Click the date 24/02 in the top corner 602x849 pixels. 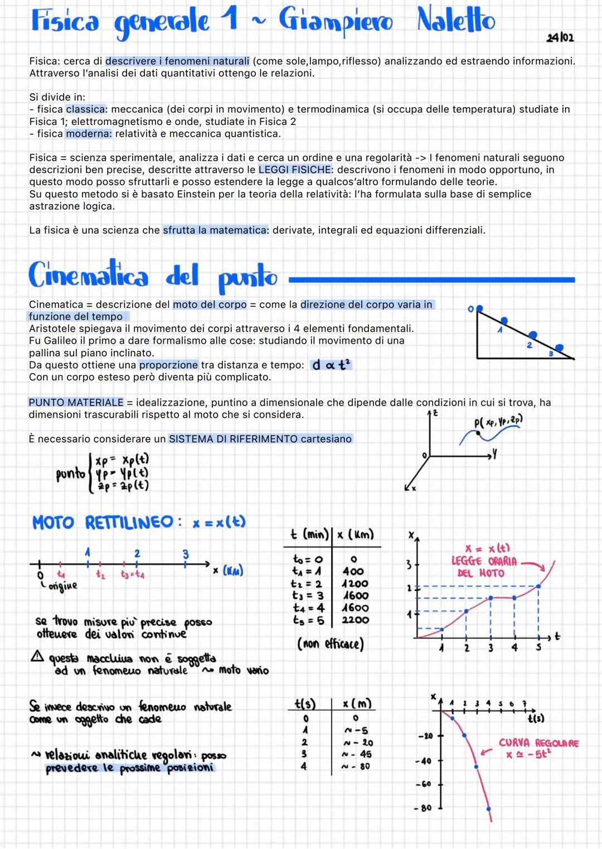(x=560, y=37)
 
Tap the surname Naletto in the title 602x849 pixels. (x=455, y=21)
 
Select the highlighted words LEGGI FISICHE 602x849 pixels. (x=295, y=170)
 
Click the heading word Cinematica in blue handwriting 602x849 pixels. (x=89, y=276)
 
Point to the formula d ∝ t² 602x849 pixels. (x=331, y=365)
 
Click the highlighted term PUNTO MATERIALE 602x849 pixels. (x=76, y=402)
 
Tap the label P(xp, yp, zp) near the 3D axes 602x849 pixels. (x=498, y=422)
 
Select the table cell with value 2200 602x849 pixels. (x=355, y=620)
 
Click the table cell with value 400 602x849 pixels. (x=353, y=571)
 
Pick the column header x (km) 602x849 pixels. (x=355, y=534)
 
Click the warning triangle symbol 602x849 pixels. (x=37, y=657)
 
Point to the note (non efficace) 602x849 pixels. (x=330, y=644)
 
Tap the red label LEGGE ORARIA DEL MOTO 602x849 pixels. (x=484, y=561)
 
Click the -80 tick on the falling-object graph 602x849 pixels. (x=426, y=808)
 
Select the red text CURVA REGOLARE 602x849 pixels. (x=538, y=743)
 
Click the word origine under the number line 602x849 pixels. (x=62, y=586)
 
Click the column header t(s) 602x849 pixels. (x=305, y=704)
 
